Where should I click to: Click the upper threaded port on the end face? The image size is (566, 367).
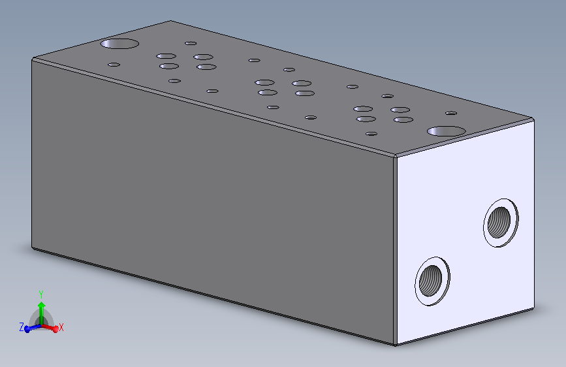pyautogui.click(x=501, y=222)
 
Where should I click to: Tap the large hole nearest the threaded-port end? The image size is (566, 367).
pyautogui.click(x=447, y=131)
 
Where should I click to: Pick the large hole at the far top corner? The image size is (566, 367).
pyautogui.click(x=119, y=44)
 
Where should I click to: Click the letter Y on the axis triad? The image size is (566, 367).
pyautogui.click(x=41, y=293)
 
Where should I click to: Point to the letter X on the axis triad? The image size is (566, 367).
pyautogui.click(x=61, y=327)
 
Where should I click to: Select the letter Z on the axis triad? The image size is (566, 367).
pyautogui.click(x=22, y=327)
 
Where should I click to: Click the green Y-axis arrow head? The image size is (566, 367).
pyautogui.click(x=41, y=304)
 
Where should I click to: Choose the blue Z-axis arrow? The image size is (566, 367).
pyautogui.click(x=29, y=328)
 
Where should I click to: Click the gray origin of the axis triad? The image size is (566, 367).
pyautogui.click(x=41, y=322)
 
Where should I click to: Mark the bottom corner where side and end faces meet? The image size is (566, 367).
pyautogui.click(x=395, y=345)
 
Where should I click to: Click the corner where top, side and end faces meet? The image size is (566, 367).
pyautogui.click(x=396, y=155)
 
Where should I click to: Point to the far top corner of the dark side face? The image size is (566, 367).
pyautogui.click(x=33, y=59)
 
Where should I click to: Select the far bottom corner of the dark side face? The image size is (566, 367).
pyautogui.click(x=32, y=247)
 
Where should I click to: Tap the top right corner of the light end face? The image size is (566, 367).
pyautogui.click(x=534, y=118)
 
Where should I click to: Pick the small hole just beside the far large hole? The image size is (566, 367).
pyautogui.click(x=114, y=65)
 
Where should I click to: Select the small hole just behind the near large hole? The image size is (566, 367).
pyautogui.click(x=450, y=112)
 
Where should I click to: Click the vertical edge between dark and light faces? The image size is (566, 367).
pyautogui.click(x=395, y=248)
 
